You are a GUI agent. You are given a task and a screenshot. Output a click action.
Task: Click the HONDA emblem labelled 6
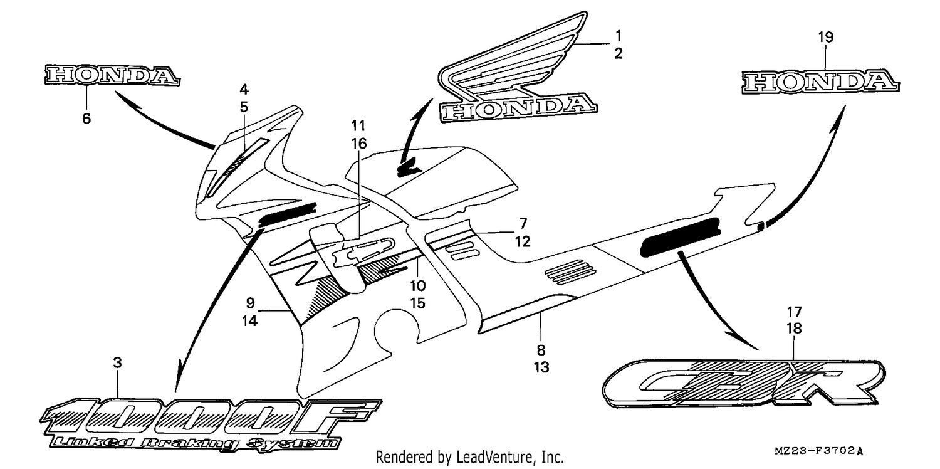coord(112,75)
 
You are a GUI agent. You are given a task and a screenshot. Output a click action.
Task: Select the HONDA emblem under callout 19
coord(820,82)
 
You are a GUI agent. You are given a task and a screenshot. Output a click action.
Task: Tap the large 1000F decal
coord(210,416)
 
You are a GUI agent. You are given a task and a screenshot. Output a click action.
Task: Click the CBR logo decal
coord(744,383)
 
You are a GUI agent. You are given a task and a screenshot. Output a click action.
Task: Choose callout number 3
coord(118,362)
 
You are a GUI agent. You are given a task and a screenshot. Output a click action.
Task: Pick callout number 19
coord(825,38)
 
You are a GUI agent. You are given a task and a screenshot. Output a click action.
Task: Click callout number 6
coord(86,119)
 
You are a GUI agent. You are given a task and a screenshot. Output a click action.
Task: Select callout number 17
coord(794,312)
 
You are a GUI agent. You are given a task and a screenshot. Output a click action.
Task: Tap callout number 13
coord(541,367)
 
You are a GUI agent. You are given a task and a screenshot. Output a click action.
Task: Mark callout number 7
coord(523,223)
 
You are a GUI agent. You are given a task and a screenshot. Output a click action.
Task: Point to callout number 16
coord(359,144)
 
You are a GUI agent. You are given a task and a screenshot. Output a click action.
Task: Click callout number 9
coord(250,303)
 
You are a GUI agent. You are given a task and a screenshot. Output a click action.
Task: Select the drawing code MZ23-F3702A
coord(818,451)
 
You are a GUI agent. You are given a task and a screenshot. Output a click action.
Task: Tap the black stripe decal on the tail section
coord(680,236)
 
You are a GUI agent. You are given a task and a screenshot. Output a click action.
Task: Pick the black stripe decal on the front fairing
coord(288,214)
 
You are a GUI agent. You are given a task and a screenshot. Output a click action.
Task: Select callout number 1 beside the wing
coord(618,36)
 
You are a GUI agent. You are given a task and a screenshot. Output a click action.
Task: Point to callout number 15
coord(418,303)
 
